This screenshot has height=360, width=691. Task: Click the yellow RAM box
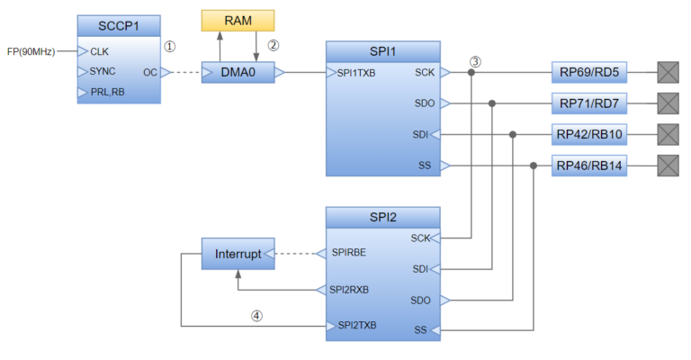coord(238,21)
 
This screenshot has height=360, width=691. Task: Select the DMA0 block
coord(238,72)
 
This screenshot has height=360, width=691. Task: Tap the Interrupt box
coord(238,255)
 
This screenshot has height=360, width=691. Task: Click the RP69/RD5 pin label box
coord(589,72)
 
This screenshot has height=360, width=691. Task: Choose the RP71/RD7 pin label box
coord(589,103)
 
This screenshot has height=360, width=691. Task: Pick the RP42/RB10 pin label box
coord(589,134)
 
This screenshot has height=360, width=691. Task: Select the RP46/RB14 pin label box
coord(589,166)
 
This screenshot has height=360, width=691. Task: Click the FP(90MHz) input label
coord(31,51)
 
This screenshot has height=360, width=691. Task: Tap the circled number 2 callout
coord(274,43)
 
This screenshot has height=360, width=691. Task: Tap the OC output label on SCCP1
coord(149,72)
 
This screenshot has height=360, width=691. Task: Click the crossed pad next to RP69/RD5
coord(669,72)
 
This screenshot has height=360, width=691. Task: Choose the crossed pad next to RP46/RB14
coord(669,166)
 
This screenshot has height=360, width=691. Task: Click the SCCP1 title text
coord(118,25)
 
